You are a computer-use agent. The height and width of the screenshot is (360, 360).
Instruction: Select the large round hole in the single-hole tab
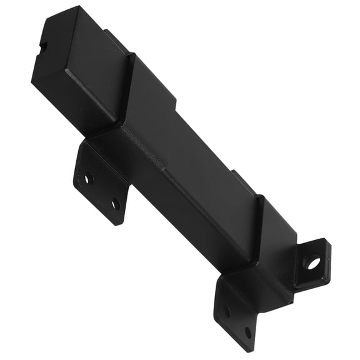(312, 262)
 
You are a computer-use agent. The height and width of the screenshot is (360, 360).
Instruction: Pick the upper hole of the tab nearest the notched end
(88, 178)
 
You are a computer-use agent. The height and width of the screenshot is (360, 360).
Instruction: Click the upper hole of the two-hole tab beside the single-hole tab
(227, 310)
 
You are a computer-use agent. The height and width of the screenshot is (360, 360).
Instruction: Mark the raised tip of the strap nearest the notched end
(132, 58)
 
